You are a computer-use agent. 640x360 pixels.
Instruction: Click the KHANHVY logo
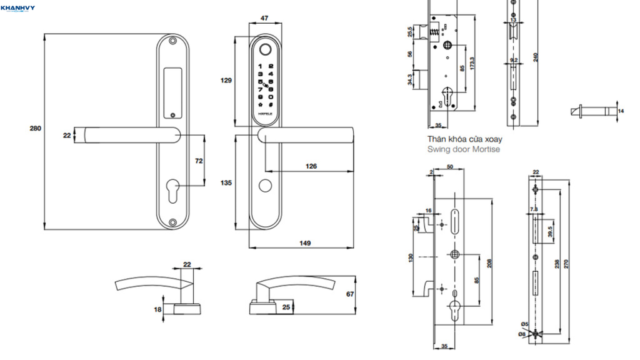[18, 8]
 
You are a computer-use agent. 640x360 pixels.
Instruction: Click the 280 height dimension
[35, 129]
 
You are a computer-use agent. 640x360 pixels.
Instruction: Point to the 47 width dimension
[264, 19]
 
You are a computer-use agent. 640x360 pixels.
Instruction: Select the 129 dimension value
[226, 80]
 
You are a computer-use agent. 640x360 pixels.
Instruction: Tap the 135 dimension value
[226, 183]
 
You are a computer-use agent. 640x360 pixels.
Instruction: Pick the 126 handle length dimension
[311, 166]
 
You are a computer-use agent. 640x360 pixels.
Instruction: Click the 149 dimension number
[304, 243]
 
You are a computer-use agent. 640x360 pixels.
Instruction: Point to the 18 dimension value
[157, 309]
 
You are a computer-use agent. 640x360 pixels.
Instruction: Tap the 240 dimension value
[535, 56]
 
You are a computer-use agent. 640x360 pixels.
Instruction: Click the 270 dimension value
[567, 264]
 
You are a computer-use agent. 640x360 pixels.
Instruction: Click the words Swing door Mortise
[464, 149]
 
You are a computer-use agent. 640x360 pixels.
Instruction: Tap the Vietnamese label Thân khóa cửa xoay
[464, 139]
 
